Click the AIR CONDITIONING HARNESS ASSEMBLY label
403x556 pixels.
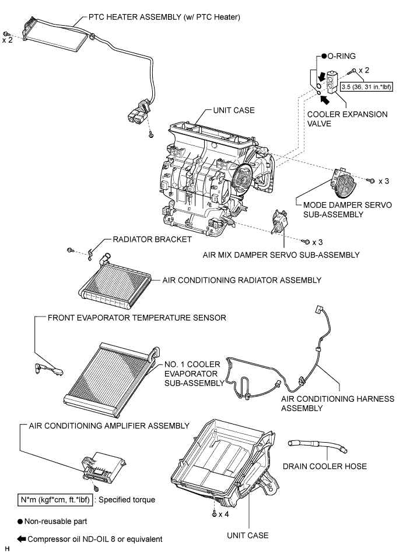[x=337, y=404]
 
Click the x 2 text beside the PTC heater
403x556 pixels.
[x=7, y=41]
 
